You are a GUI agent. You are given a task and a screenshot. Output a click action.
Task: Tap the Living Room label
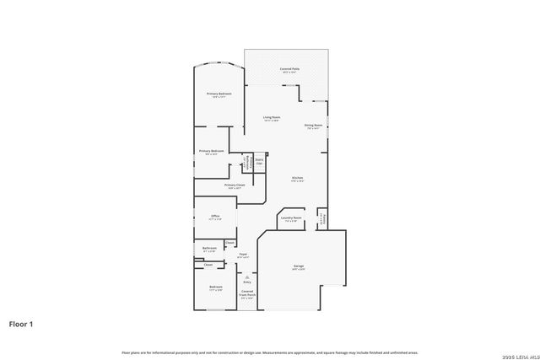(272, 117)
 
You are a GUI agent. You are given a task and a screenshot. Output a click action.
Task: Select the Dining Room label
(313, 126)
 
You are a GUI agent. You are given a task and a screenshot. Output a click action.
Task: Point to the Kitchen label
(297, 177)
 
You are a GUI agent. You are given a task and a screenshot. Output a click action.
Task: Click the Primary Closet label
(235, 185)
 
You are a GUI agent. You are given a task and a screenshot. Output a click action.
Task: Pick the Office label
(215, 216)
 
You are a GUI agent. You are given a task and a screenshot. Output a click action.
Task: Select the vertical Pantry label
(321, 218)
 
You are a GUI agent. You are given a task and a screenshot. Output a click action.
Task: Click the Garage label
(299, 266)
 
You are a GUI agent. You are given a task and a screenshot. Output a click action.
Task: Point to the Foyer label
(242, 253)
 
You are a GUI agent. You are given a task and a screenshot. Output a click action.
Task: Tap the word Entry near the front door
(247, 282)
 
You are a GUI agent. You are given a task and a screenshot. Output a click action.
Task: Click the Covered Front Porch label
(247, 293)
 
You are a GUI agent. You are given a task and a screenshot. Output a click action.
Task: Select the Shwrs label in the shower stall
(259, 159)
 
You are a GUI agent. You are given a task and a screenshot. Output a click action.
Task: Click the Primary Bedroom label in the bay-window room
(220, 94)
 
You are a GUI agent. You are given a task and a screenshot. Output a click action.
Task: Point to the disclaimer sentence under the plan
(269, 352)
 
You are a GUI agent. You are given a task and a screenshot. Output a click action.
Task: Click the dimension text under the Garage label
(299, 270)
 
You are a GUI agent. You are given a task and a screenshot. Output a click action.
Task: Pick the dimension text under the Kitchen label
(297, 181)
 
